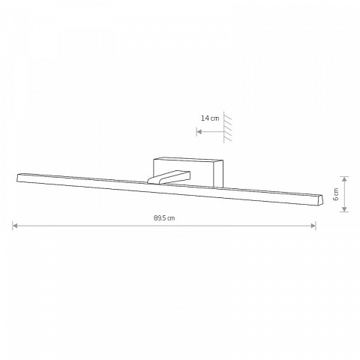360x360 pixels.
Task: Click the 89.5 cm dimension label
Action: click(164, 218)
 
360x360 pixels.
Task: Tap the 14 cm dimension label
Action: click(210, 118)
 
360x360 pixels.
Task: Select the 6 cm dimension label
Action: click(336, 194)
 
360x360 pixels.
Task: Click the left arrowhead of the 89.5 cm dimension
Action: click(15, 226)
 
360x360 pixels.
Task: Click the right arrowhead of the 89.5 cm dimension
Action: click(313, 226)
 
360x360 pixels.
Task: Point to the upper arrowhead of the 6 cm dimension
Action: click(344, 179)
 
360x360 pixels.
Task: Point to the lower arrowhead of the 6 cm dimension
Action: click(344, 209)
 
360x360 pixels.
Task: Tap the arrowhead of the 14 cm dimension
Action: click(199, 131)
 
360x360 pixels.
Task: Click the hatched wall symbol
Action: click(227, 127)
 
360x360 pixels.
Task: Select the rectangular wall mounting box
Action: click(188, 172)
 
